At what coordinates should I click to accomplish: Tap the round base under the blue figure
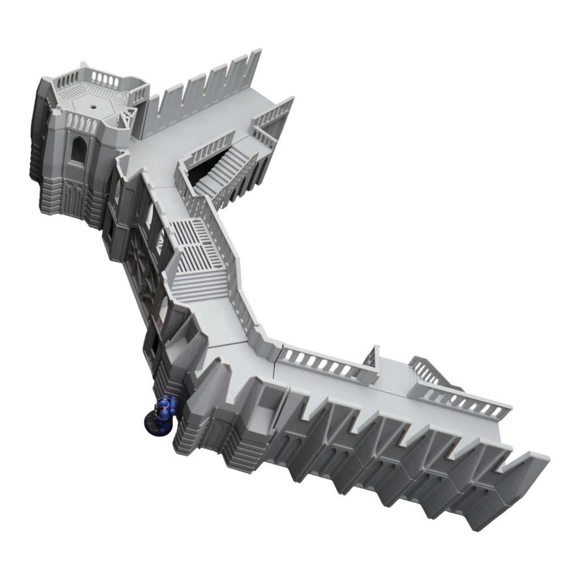coord(155,426)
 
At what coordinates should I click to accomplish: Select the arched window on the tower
coord(78,149)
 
